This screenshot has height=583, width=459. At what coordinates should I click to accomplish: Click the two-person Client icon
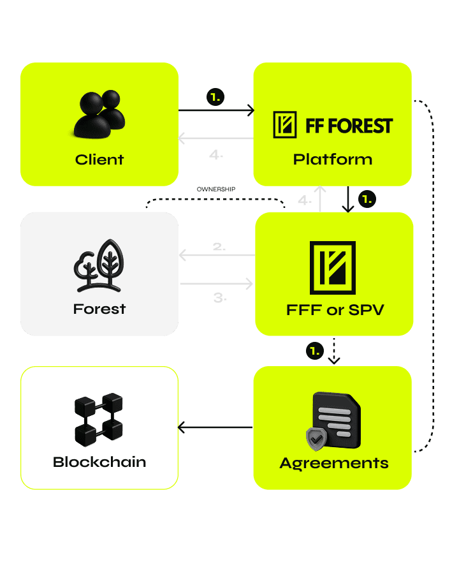tap(99, 115)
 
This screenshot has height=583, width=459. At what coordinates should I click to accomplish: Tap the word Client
tap(99, 159)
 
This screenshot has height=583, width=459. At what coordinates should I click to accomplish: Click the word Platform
tap(332, 159)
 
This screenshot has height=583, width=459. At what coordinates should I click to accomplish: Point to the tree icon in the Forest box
tap(99, 265)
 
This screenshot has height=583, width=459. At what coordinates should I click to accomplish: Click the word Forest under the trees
tap(99, 309)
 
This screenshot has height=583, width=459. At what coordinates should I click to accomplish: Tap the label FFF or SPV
tap(334, 311)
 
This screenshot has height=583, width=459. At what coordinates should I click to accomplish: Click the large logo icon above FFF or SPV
tap(332, 268)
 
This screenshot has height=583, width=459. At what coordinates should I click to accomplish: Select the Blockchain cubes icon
tap(99, 419)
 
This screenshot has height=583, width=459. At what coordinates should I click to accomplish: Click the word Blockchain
tap(99, 462)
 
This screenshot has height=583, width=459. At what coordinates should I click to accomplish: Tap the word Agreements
tap(334, 463)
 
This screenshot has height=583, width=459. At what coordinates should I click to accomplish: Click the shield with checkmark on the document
tap(316, 438)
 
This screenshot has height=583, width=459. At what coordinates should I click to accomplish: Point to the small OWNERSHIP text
tap(216, 189)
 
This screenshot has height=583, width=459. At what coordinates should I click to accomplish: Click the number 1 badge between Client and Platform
tap(215, 97)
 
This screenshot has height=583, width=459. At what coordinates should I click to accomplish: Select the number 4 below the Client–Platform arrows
tap(216, 154)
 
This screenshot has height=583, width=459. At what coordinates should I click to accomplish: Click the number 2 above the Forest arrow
tap(219, 246)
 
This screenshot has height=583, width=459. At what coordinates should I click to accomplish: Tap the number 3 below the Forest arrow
tap(219, 297)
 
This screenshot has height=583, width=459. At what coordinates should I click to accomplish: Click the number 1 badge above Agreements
tap(314, 350)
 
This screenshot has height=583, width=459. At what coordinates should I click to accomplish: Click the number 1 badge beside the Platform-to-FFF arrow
tap(367, 199)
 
